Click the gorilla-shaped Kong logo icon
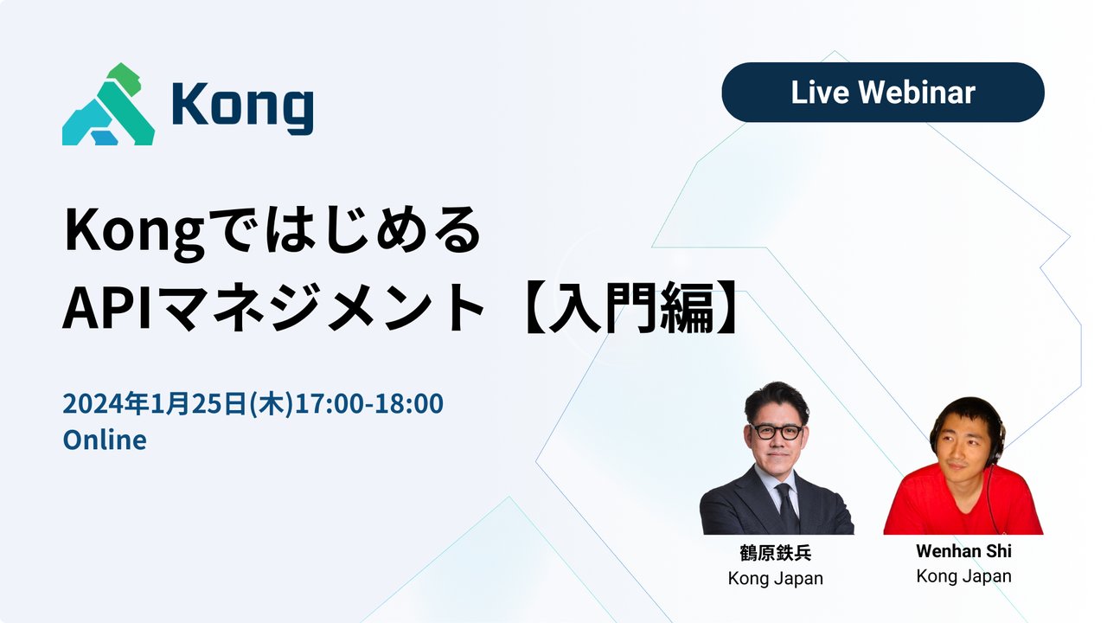[108, 105]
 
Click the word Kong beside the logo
[242, 107]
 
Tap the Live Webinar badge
[882, 93]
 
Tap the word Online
[105, 440]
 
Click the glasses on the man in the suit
[777, 431]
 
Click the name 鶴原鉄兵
[776, 554]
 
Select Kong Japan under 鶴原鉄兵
[776, 578]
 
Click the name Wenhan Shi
[963, 551]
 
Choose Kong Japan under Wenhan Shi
[963, 575]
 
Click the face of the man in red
[964, 446]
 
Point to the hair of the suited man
[776, 398]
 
